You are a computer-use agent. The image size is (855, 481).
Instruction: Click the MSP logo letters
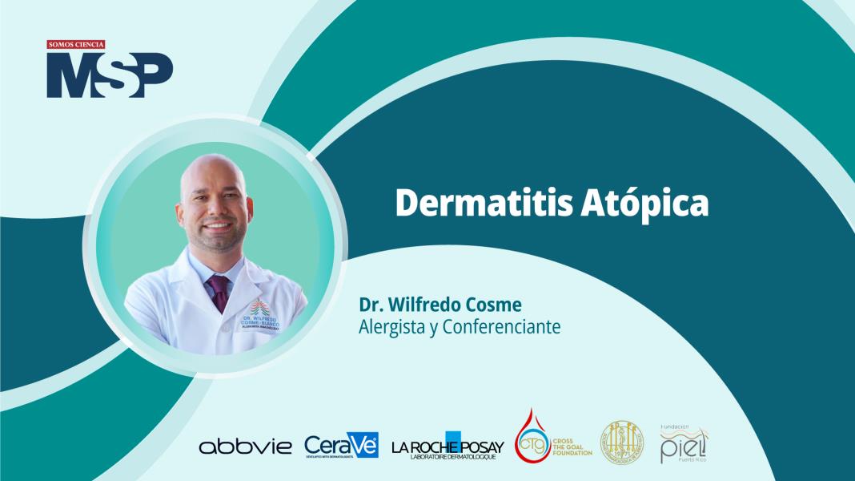click(109, 75)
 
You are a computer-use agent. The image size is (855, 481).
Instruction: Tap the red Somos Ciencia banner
click(76, 45)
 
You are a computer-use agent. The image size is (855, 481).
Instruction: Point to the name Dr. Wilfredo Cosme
click(429, 305)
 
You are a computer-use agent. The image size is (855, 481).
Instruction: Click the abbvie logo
click(246, 447)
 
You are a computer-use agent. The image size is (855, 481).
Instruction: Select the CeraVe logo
click(340, 445)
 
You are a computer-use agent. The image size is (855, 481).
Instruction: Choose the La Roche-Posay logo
click(448, 446)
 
